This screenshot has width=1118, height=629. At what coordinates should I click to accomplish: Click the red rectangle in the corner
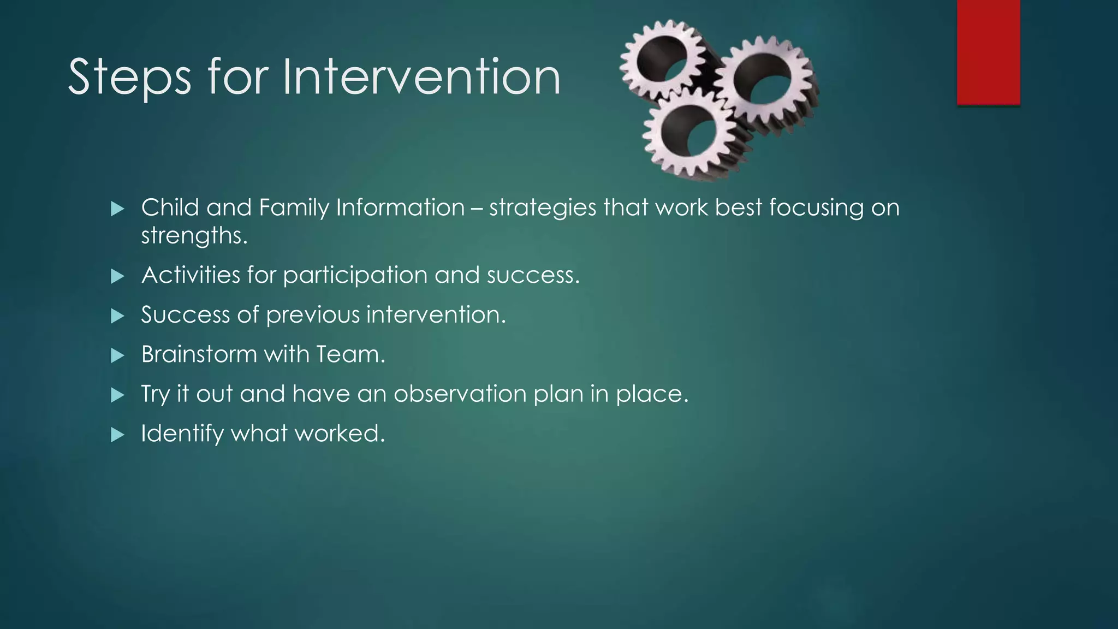tap(988, 52)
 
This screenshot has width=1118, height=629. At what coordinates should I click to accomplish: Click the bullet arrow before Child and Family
tap(117, 209)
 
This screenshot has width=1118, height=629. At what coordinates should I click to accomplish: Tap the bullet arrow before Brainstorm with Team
tap(117, 356)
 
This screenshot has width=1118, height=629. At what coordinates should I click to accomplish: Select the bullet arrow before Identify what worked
tap(117, 435)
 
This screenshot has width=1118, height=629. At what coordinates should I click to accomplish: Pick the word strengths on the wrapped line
tap(194, 236)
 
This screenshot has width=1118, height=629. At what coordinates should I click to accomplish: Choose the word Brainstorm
tap(199, 354)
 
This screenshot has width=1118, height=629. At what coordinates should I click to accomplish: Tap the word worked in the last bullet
tap(340, 434)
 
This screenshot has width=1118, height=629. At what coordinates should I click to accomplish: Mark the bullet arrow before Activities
tap(117, 276)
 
